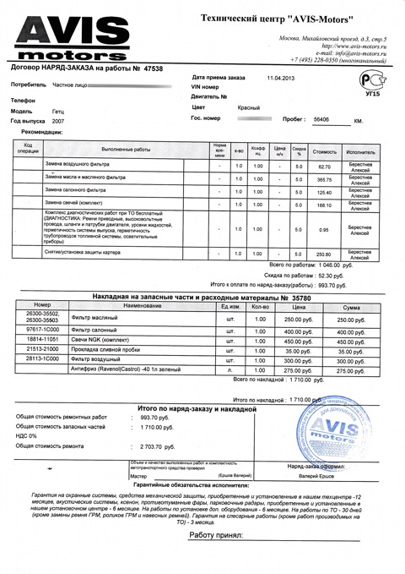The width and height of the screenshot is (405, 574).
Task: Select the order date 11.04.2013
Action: click(x=281, y=78)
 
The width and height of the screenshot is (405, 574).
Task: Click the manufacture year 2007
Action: click(x=57, y=121)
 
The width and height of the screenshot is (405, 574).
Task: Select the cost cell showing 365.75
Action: click(x=325, y=181)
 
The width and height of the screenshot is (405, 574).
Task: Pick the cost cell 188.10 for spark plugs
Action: click(x=325, y=205)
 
